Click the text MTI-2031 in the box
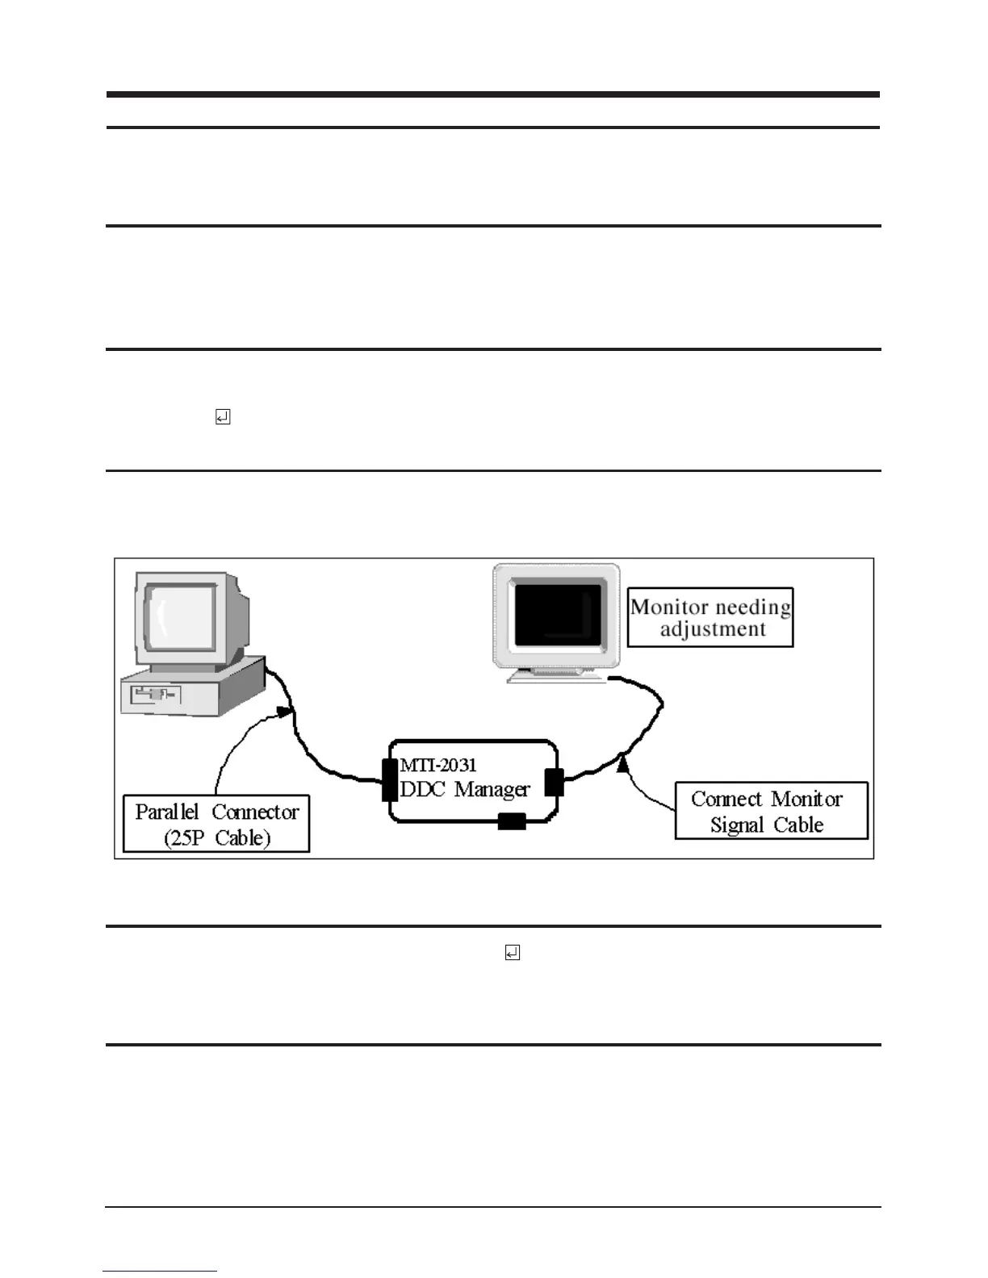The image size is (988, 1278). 438,766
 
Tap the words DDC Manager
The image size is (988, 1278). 465,789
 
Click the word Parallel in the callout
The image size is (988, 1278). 166,812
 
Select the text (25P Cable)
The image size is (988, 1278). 216,837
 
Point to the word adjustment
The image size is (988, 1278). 713,629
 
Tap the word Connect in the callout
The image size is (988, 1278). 726,799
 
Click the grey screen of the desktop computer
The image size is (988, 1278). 179,618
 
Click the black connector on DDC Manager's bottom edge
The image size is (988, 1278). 512,821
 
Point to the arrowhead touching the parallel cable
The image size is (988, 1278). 283,712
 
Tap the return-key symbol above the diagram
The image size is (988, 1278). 223,417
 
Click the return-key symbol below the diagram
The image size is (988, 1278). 512,953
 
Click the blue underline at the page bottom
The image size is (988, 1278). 160,1271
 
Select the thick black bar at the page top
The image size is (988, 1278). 492,94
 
